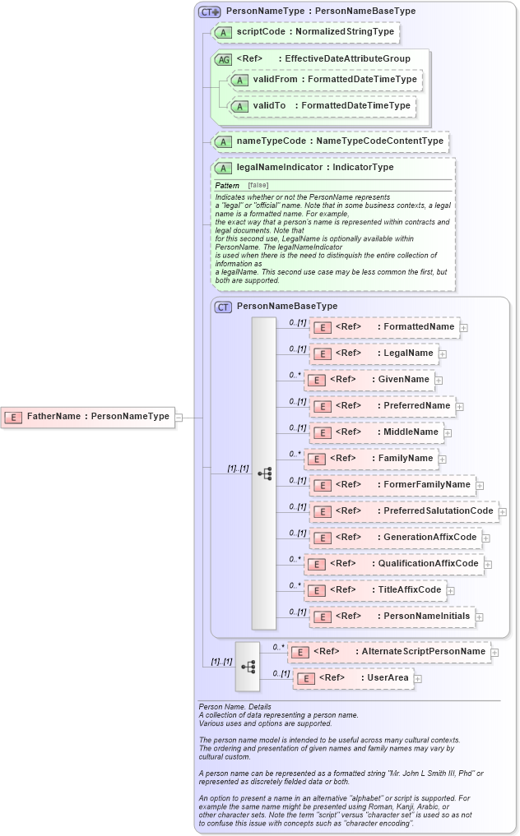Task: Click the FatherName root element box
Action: point(87,417)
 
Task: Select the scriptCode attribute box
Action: point(305,32)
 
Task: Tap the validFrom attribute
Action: point(325,80)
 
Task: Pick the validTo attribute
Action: point(321,106)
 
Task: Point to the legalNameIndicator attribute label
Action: point(314,168)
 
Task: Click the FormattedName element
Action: point(383,327)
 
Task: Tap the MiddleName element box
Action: point(376,432)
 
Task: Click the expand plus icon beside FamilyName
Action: point(443,460)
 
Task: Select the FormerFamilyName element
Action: point(392,485)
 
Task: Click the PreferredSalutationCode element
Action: point(403,511)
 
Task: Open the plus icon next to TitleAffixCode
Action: point(451,590)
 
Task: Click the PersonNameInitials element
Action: point(392,617)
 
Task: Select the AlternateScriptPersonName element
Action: point(388,652)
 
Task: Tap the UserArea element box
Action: point(353,679)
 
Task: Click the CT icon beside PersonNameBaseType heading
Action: point(223,307)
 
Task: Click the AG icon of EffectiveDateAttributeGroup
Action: point(223,59)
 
